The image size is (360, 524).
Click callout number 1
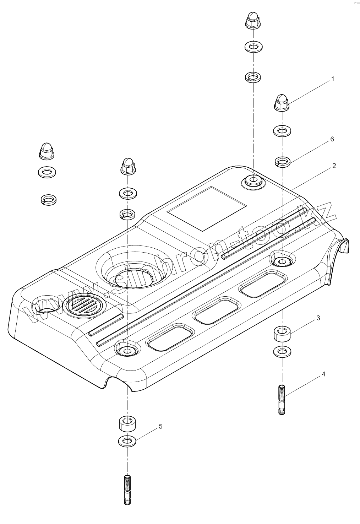pos(332,79)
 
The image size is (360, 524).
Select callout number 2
pos(334,166)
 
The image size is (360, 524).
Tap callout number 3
pos(318,318)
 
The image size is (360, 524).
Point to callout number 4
pos(323,374)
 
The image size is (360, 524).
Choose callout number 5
pos(160,426)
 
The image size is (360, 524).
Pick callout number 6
pos(332,139)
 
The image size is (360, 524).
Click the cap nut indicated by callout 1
pos(282,102)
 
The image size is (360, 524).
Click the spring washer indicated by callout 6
pos(282,162)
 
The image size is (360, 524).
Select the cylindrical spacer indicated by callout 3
pos(282,334)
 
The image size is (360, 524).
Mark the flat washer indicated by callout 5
pos(127,442)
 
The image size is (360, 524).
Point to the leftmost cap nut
pos(46,151)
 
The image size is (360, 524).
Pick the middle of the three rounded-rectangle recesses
pos(216,310)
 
